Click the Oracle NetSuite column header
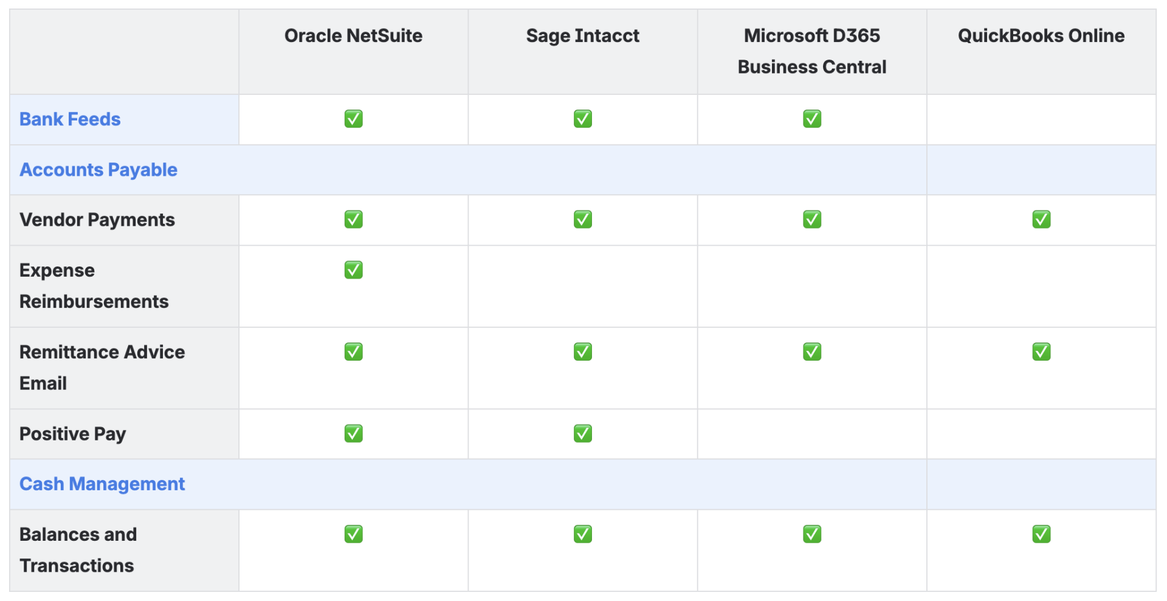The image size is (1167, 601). tap(353, 36)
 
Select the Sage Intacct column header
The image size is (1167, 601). tap(582, 36)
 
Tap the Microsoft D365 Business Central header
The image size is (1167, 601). tap(811, 51)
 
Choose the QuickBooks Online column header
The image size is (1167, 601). tap(1041, 36)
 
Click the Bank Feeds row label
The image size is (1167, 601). tap(70, 119)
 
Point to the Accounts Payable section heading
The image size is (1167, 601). tap(98, 170)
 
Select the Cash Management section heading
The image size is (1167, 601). tap(102, 484)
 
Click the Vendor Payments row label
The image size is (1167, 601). tap(97, 220)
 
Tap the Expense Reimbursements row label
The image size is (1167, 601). tap(94, 286)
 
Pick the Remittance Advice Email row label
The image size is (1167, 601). tap(102, 367)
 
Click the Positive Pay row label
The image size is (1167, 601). tap(73, 434)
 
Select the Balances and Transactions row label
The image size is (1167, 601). tap(78, 550)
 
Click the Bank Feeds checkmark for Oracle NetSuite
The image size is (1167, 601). tap(353, 119)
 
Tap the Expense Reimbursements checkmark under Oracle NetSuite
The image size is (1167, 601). tap(353, 269)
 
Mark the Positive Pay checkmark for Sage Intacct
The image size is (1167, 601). tap(582, 433)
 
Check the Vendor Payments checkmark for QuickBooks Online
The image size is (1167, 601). tap(1041, 219)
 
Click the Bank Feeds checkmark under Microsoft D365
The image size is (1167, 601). tap(811, 119)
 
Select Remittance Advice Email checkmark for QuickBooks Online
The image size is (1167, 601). tap(1041, 352)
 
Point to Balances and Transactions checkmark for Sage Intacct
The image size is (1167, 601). tap(582, 534)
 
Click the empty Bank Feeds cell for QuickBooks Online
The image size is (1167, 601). tap(1041, 119)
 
